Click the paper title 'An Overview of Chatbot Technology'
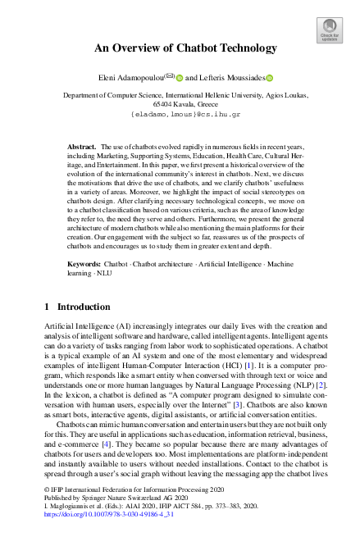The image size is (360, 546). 185,48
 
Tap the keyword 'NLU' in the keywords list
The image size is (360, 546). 102,252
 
